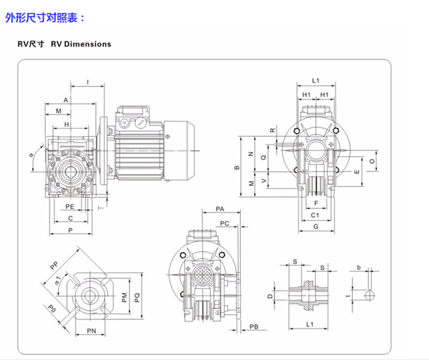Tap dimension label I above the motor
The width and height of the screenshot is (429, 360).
[87, 83]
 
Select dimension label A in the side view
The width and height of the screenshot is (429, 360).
[65, 99]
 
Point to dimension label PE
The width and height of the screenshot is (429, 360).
[70, 206]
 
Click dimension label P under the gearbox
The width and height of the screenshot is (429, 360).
[70, 230]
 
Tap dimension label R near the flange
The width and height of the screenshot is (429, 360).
[272, 130]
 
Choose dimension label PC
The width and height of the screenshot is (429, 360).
[225, 223]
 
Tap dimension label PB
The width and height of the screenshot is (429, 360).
[254, 327]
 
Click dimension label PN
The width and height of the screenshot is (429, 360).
[92, 330]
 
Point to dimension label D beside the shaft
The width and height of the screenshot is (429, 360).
[270, 295]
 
